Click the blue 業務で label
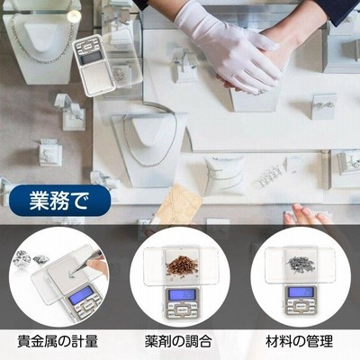[58, 201]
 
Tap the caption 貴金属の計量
[58, 341]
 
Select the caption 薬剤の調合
[178, 341]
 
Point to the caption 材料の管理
[299, 341]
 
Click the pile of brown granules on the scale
[181, 265]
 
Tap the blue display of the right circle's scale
[300, 292]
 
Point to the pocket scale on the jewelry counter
[94, 65]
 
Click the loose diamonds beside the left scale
[31, 258]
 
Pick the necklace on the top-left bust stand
[42, 36]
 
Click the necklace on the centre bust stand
[150, 141]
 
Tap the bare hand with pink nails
[306, 214]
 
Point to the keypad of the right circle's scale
[300, 306]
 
